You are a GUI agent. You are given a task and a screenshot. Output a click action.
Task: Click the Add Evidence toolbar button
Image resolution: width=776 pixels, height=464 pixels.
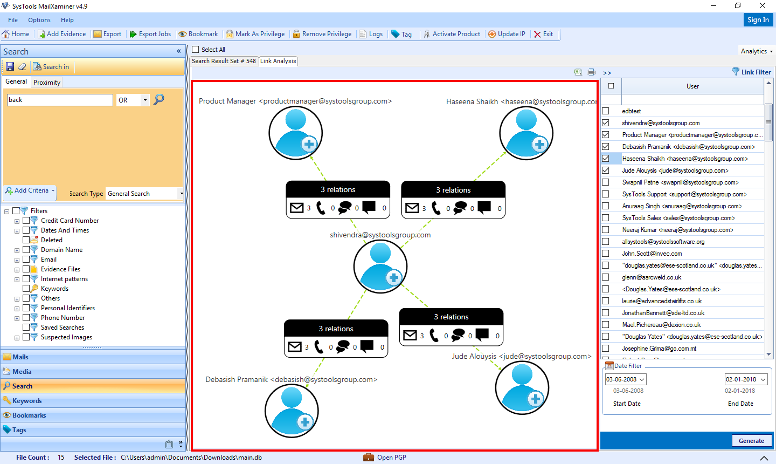[62, 34]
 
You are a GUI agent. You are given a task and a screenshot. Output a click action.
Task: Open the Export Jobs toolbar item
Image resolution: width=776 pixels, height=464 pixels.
[150, 34]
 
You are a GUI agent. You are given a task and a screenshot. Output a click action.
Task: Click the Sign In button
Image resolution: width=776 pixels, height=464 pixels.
[758, 20]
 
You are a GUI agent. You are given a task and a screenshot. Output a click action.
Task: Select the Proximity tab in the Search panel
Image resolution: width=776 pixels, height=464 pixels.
[47, 83]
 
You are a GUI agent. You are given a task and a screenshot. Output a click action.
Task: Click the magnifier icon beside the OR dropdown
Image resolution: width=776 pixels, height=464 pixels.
[159, 100]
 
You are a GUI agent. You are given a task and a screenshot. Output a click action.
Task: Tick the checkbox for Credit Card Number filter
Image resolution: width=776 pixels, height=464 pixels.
[26, 221]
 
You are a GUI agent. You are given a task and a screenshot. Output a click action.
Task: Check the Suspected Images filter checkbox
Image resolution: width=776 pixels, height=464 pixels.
[26, 337]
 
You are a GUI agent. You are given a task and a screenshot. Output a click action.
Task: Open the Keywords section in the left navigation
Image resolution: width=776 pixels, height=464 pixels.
[27, 401]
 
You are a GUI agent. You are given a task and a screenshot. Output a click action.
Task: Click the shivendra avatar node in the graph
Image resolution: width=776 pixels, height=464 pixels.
[380, 267]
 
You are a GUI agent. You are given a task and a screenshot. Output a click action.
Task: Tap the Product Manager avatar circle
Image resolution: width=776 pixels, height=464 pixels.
[295, 133]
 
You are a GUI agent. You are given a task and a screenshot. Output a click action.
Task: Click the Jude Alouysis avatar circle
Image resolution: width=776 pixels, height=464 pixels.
[522, 388]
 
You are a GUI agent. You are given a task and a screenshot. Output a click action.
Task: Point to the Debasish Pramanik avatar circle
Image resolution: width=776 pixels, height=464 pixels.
[292, 411]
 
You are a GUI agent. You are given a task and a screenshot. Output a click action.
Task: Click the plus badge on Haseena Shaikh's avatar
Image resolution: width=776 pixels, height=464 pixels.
[539, 144]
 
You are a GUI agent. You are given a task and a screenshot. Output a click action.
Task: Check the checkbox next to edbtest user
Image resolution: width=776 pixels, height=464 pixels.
[606, 111]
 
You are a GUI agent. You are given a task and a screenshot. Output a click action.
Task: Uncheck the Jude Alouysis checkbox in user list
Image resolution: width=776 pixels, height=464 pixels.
[606, 170]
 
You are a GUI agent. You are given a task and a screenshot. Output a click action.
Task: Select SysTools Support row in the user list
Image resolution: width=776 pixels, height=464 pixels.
[684, 194]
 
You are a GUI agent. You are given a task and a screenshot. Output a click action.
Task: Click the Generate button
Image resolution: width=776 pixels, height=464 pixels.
[751, 441]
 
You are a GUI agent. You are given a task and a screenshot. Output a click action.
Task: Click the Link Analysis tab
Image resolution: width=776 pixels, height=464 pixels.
[278, 61]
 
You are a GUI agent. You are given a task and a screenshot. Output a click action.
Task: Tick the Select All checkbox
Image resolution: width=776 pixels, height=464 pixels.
[196, 50]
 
